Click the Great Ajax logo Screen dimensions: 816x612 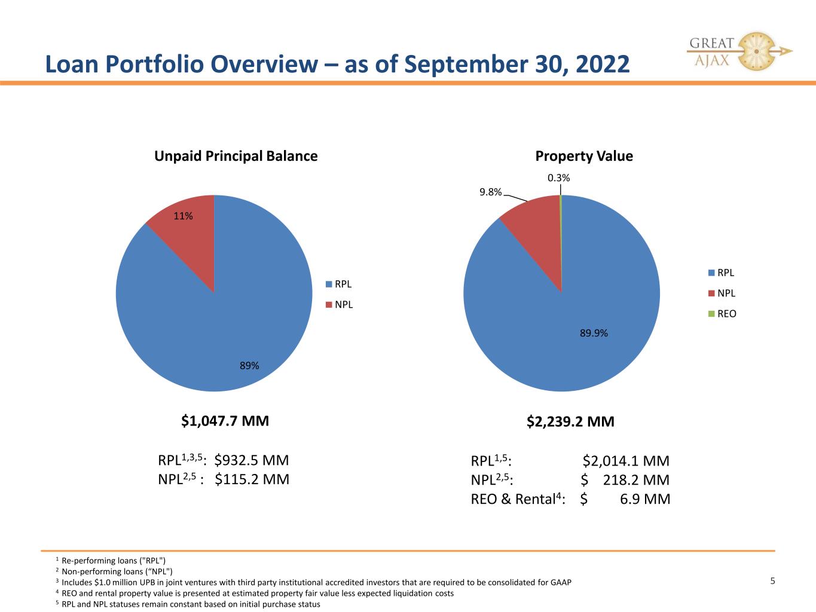[x=739, y=51]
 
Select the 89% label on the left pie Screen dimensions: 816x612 [x=249, y=366]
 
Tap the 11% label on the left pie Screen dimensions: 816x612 [x=184, y=216]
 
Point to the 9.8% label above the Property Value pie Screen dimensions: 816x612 [x=491, y=192]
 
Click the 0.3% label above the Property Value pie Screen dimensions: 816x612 [x=559, y=178]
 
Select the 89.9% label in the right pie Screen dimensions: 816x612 [x=594, y=333]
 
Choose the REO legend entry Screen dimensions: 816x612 [x=722, y=314]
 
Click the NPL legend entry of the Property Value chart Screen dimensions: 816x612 [x=722, y=293]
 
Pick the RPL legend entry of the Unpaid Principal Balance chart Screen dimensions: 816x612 [x=338, y=284]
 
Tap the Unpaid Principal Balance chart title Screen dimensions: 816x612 [x=236, y=156]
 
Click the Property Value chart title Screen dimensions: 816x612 [x=584, y=156]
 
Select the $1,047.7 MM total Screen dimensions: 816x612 [x=225, y=421]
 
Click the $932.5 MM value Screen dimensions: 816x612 [x=252, y=460]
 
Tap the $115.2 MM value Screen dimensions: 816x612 [x=252, y=479]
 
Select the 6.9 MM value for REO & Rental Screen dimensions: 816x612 [x=645, y=499]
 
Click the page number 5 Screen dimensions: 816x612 [x=772, y=581]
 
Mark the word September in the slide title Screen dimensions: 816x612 [x=466, y=64]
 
